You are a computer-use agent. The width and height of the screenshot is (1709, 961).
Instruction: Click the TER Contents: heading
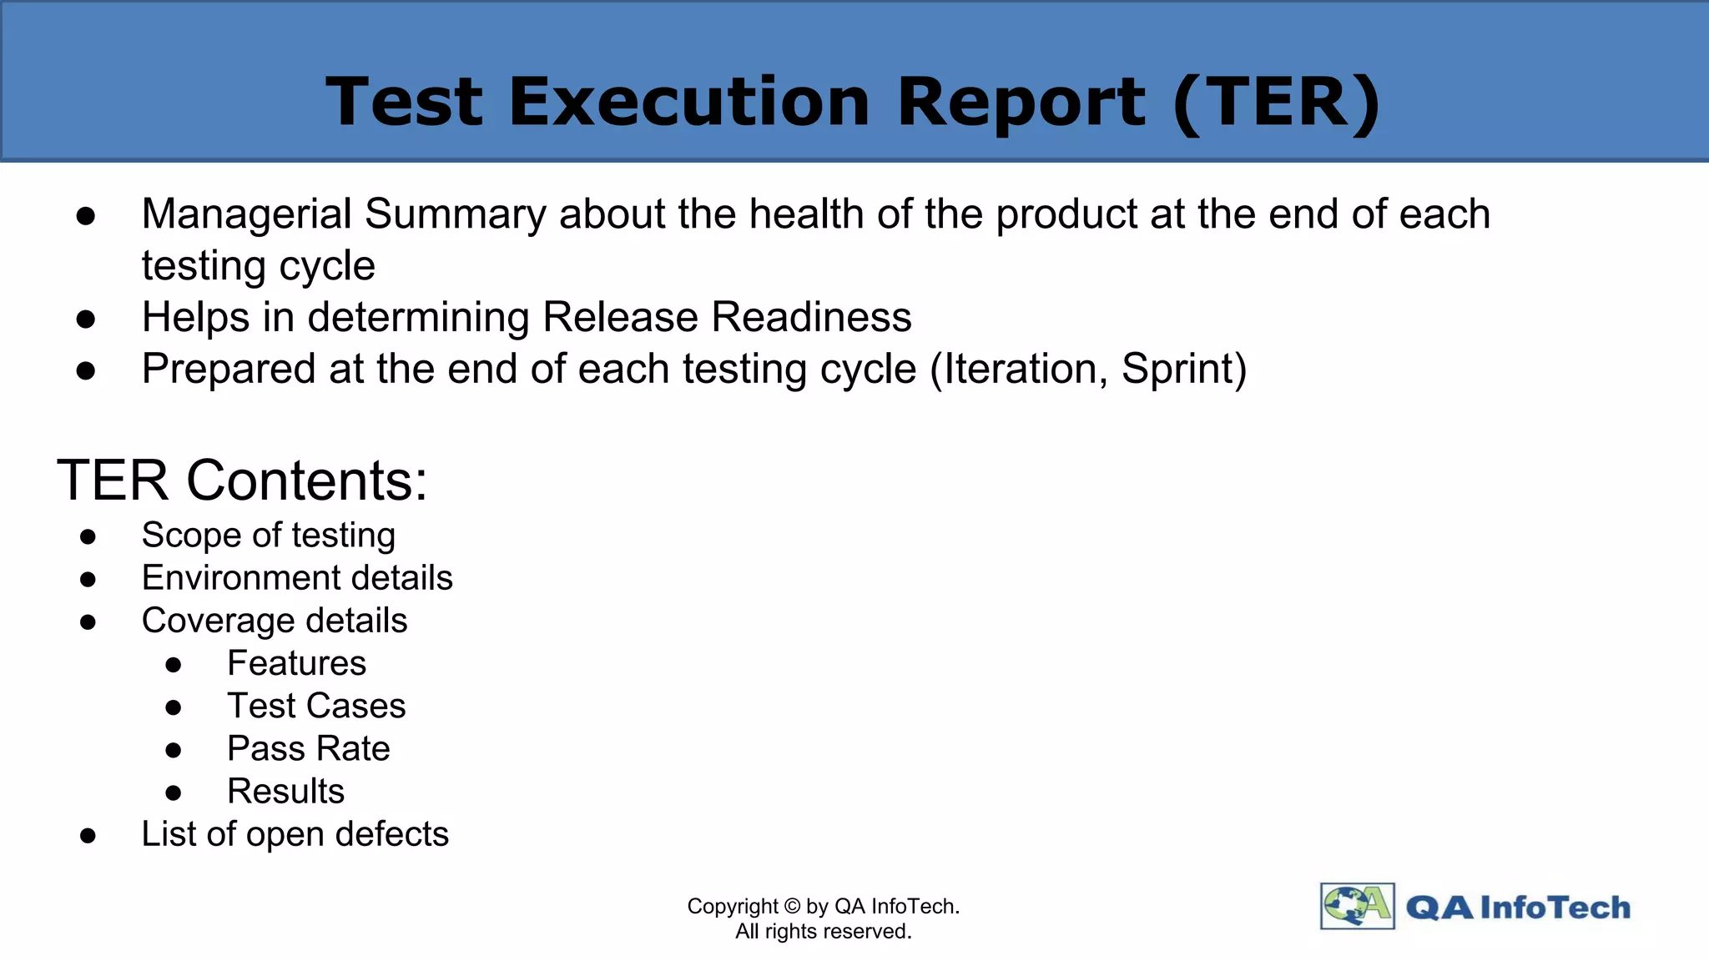[242, 480]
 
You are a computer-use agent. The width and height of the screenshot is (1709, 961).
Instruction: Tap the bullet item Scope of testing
[268, 536]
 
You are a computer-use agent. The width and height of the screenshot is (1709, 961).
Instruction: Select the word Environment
[235, 578]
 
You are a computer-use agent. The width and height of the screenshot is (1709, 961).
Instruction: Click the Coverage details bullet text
[275, 621]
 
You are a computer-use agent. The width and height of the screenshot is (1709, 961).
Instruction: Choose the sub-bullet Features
[296, 663]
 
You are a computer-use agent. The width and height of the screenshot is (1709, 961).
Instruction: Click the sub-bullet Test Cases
[316, 706]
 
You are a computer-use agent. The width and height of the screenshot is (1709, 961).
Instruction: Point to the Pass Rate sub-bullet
[308, 748]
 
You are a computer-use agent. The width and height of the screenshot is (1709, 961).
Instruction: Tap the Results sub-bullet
[285, 791]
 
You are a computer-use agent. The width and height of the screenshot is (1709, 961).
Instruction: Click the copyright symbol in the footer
[792, 907]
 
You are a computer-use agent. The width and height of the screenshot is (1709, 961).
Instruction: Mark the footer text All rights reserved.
[823, 932]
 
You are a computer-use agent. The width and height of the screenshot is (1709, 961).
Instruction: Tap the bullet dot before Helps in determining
[86, 319]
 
